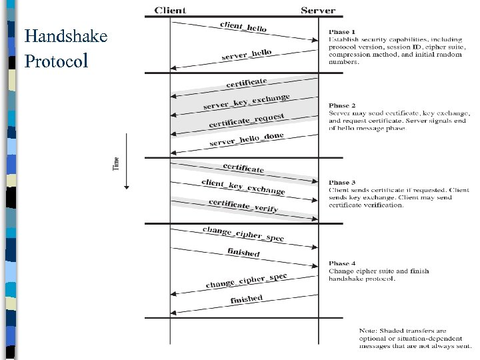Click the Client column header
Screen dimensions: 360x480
(170, 10)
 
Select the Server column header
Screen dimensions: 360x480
(318, 10)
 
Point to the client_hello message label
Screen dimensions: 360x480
(243, 27)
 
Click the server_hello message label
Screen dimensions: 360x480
(247, 55)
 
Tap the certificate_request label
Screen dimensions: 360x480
(247, 121)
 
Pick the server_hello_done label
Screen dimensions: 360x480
(247, 140)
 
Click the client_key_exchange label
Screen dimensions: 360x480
(243, 187)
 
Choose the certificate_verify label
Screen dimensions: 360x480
(243, 205)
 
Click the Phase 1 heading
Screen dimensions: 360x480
(342, 31)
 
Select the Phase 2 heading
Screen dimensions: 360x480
(342, 105)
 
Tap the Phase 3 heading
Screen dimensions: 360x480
(342, 182)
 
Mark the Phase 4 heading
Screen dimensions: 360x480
(342, 263)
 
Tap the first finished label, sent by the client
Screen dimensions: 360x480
(243, 252)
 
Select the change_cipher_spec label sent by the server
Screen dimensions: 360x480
(247, 281)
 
